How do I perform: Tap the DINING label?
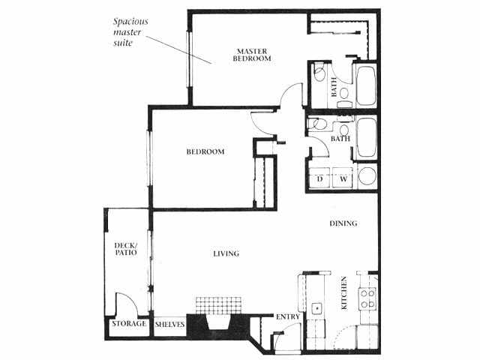pos(343,223)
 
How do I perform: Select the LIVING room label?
pos(225,253)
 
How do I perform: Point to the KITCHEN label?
pos(344,293)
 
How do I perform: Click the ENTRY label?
pos(289,316)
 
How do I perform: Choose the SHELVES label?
pos(169,324)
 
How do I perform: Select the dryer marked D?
pos(319,178)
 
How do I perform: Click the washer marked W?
pos(342,178)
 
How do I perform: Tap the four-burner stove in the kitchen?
pos(367,298)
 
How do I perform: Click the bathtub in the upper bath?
pos(366,87)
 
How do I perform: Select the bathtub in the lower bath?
pos(366,139)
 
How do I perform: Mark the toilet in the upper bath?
pos(320,73)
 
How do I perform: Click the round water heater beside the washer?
pos(367,177)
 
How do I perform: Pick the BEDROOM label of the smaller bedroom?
pos(205,152)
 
